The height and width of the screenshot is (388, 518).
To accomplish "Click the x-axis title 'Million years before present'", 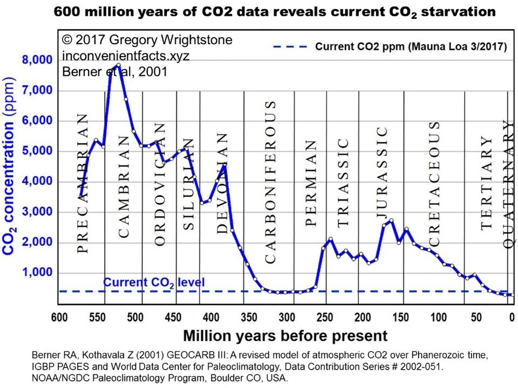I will (285, 336).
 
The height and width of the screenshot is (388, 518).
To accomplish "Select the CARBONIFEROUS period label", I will (270, 182).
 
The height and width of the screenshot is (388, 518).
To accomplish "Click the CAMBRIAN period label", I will (123, 186).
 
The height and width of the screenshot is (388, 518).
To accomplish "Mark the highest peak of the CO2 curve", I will (118, 65).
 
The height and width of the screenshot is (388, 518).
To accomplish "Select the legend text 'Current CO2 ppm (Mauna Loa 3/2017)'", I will (411, 47).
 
